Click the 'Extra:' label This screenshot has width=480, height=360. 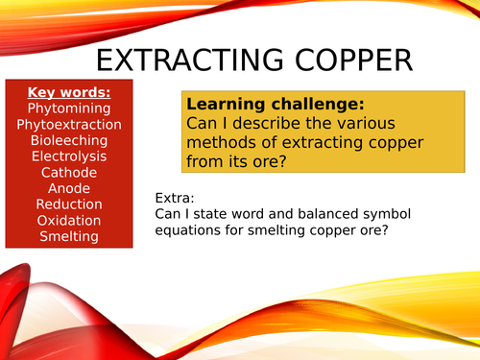(174, 198)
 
